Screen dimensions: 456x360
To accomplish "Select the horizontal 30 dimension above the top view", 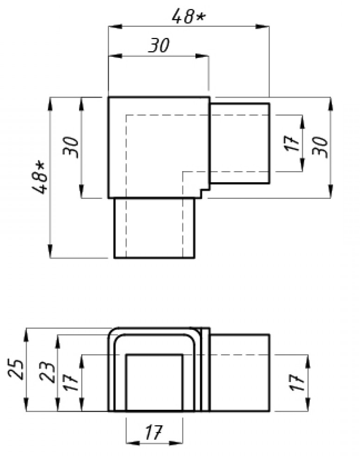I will tap(159, 46).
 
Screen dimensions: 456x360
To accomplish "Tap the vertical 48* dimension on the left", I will tap(40, 177).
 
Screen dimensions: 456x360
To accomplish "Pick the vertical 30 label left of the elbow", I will tap(72, 147).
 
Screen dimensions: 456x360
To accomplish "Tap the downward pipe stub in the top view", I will tap(154, 228).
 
